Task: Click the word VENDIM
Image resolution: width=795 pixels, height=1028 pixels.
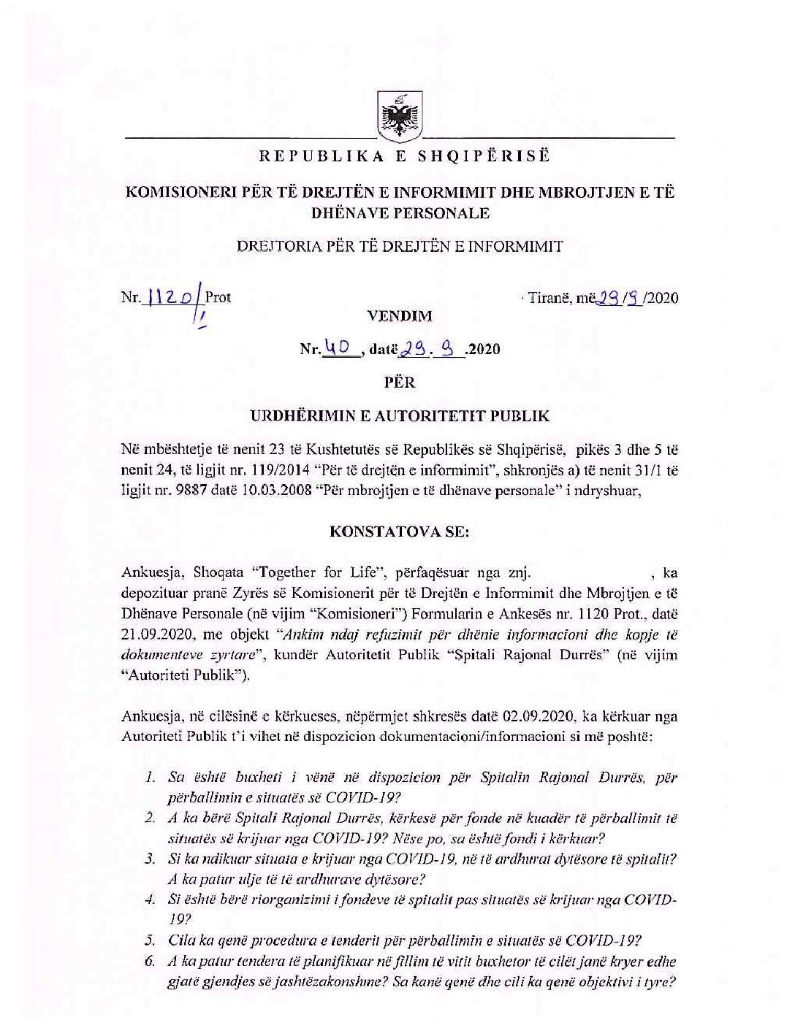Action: [400, 316]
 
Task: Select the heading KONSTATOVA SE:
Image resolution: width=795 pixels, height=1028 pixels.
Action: [400, 532]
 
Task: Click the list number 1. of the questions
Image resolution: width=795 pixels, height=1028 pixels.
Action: [151, 777]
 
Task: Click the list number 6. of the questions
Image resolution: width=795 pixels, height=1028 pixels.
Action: [151, 962]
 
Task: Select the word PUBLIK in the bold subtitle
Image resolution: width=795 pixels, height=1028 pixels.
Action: [521, 417]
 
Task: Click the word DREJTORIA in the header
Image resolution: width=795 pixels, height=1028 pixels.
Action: [271, 246]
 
